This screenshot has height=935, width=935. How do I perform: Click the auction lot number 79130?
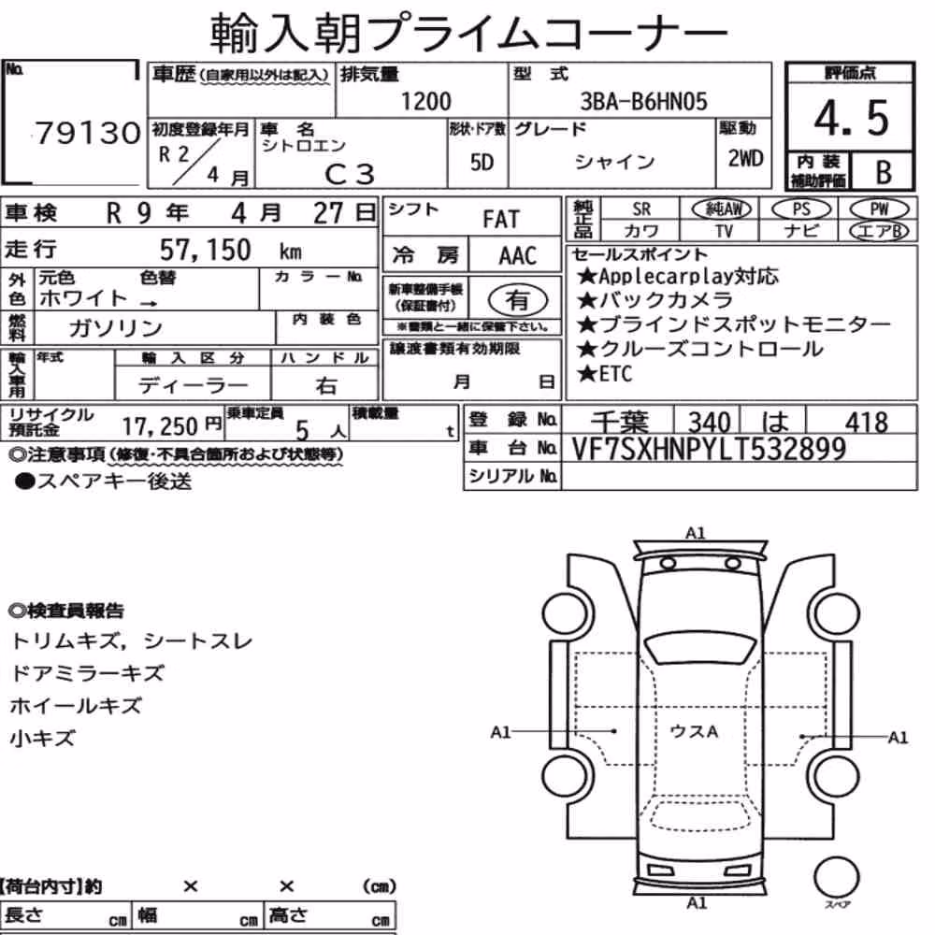88,133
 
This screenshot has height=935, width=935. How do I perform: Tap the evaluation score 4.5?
851,118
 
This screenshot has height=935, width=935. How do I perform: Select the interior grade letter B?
884,172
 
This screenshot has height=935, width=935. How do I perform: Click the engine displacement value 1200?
425,101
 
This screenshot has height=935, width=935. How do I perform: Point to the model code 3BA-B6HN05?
643,101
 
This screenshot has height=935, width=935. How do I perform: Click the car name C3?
350,174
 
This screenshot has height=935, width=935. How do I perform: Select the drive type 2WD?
745,159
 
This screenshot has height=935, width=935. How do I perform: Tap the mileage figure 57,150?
205,250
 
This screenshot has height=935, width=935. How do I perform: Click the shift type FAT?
501,220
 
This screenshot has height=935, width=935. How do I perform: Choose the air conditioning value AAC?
518,256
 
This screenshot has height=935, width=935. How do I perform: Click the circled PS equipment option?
801,209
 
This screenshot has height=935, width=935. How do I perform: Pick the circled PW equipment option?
879,209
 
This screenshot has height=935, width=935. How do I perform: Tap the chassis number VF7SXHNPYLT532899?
709,449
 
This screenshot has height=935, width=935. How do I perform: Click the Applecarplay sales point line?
677,276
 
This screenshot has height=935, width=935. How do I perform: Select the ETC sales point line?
605,374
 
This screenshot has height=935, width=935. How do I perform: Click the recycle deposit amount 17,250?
160,426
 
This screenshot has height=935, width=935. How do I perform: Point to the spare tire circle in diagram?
836,877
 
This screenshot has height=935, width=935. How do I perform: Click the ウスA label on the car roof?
694,731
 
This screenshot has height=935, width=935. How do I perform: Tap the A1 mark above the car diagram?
696,533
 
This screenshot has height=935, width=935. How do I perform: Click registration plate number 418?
866,423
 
